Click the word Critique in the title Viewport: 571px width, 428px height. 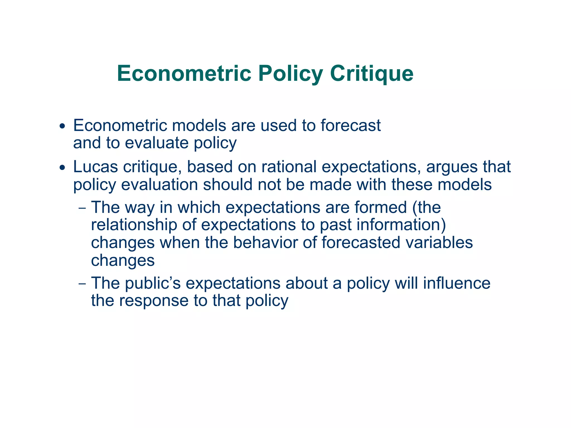coord(371,74)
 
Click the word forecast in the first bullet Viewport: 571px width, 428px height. coord(350,125)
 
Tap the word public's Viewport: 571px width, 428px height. coord(153,283)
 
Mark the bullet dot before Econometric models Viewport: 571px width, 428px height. coord(62,126)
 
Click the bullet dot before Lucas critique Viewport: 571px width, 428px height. coord(62,168)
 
